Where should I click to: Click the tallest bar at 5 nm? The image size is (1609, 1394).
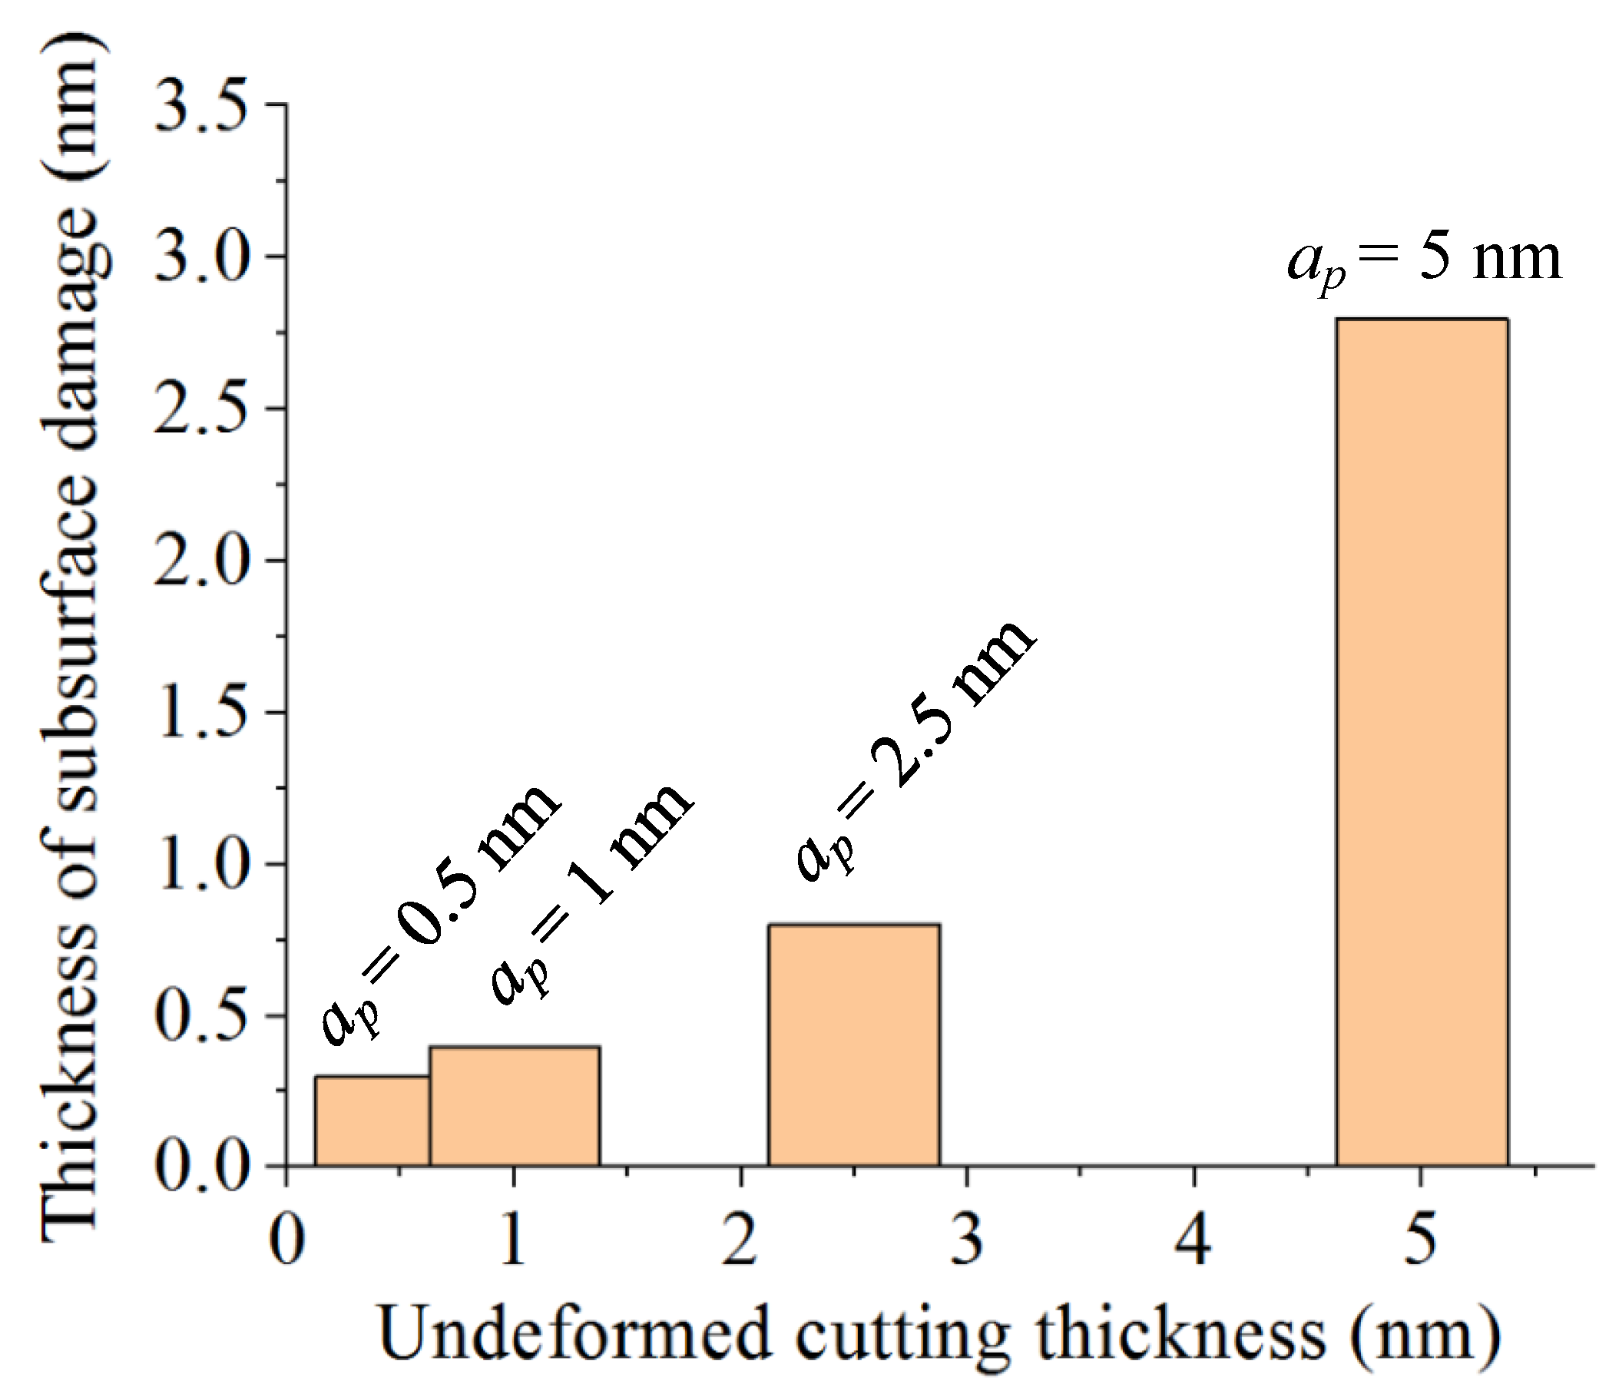point(1422,742)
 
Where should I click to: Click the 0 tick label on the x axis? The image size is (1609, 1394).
point(287,1240)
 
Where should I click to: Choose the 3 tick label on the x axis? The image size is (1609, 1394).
point(967,1240)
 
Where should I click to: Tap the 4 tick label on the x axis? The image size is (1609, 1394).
point(1193,1240)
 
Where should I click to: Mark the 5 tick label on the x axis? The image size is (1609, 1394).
point(1420,1240)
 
